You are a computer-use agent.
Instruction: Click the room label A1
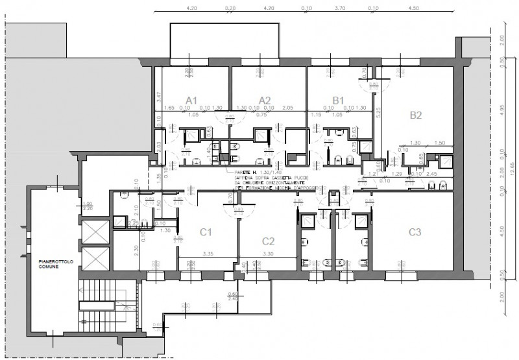tap(191, 100)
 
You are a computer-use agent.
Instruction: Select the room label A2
tap(264, 100)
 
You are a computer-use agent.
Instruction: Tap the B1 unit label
tap(338, 100)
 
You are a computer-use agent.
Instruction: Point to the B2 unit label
tap(416, 116)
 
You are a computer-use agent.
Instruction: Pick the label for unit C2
tap(269, 241)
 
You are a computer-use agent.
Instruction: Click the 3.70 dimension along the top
tap(339, 8)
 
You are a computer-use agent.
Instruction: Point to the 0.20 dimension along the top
tap(230, 8)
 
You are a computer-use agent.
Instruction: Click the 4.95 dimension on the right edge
tap(503, 106)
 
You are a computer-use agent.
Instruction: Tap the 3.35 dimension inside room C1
tap(208, 254)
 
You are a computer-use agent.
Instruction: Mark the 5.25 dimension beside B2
tap(377, 112)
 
